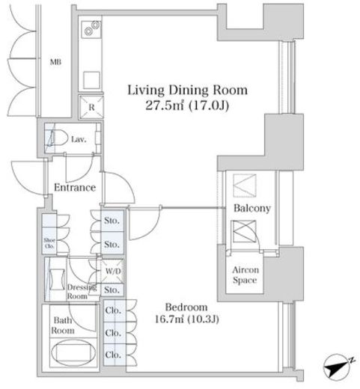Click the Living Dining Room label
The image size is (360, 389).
click(x=187, y=91)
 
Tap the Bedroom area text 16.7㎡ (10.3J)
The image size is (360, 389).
click(x=187, y=319)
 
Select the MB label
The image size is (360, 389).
click(x=55, y=61)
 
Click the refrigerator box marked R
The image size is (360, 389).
click(x=91, y=107)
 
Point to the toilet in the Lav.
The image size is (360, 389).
click(x=57, y=138)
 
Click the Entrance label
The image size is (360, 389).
click(x=75, y=187)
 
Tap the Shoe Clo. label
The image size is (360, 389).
click(x=49, y=243)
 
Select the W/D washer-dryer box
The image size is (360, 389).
click(x=112, y=272)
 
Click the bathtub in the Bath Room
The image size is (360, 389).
click(x=73, y=352)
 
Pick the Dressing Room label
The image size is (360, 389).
click(x=82, y=292)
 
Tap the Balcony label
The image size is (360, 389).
click(x=252, y=208)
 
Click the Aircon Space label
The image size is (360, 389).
click(x=245, y=275)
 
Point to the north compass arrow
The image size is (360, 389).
click(x=338, y=367)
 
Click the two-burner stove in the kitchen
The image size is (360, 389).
click(x=91, y=28)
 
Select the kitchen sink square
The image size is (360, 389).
click(x=91, y=80)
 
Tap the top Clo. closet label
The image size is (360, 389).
click(x=113, y=310)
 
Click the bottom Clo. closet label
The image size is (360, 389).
click(x=113, y=355)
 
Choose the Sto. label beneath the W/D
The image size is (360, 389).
click(x=112, y=290)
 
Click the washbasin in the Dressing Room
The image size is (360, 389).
click(x=57, y=279)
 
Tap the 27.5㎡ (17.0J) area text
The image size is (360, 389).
click(x=187, y=105)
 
